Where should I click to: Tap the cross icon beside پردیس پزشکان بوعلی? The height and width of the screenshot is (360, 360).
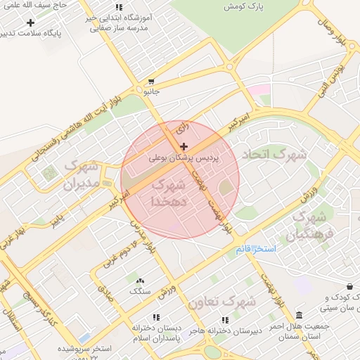point(184,146)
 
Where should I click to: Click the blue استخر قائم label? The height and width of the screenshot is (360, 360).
point(256,250)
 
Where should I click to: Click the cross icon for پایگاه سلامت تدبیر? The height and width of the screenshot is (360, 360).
point(30,22)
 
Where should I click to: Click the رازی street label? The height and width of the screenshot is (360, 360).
point(181,129)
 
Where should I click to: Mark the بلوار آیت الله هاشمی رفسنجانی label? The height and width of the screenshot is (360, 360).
point(77,124)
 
